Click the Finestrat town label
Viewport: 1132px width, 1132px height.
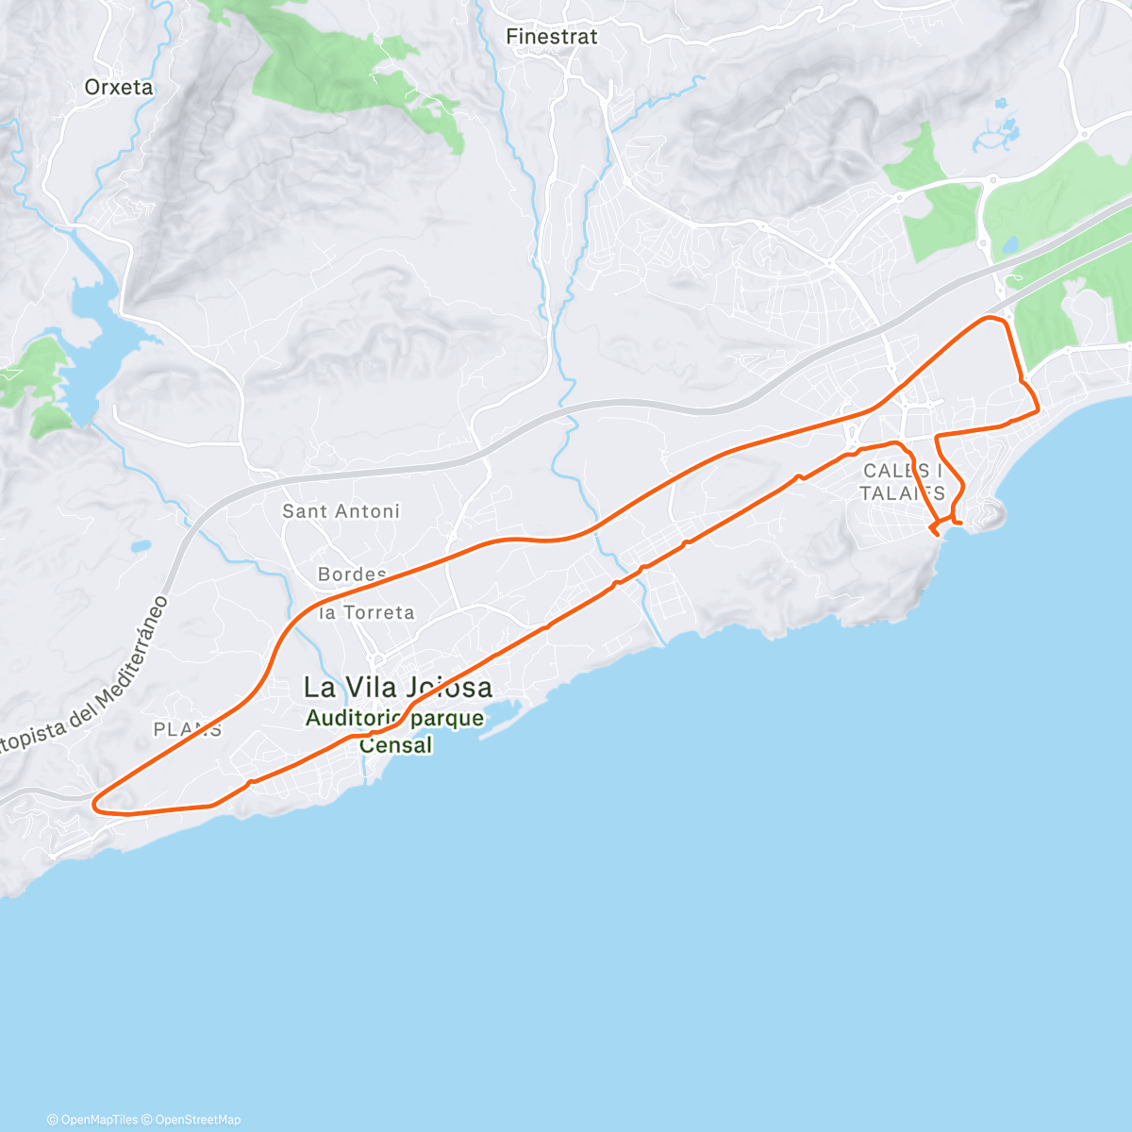[552, 37]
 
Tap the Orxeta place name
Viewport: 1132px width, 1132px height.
[118, 87]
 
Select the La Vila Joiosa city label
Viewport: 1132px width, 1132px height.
[397, 687]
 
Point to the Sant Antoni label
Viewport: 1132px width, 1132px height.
[341, 511]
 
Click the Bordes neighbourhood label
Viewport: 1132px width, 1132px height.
[352, 574]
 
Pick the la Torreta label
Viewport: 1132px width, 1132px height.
[367, 613]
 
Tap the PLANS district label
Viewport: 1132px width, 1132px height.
[188, 729]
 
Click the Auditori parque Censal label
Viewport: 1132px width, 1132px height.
[395, 731]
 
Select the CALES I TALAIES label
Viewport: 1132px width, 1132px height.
[902, 481]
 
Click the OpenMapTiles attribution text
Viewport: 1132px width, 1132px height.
[92, 1120]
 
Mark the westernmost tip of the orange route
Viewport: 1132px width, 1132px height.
[94, 804]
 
